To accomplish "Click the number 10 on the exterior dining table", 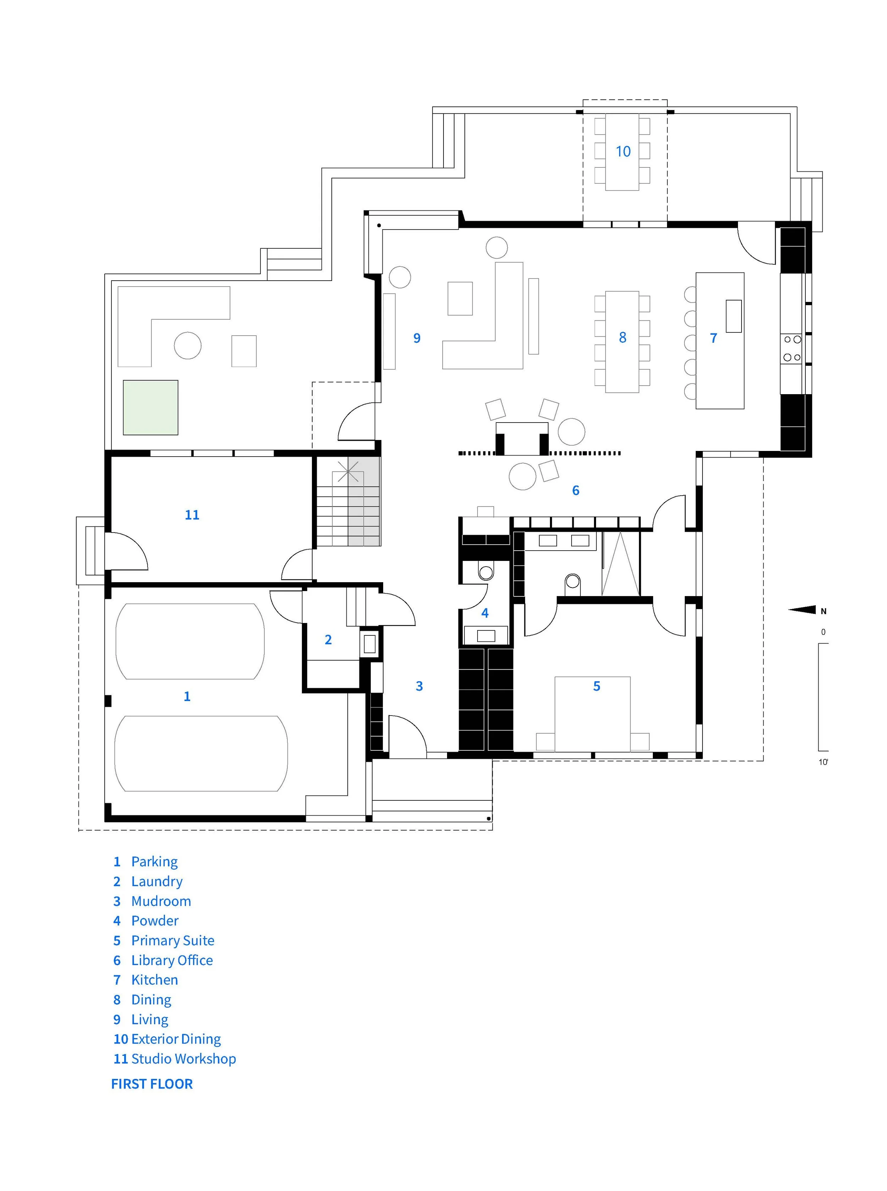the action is (623, 151).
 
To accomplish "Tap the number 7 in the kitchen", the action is (714, 338).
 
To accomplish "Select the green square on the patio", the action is (150, 407).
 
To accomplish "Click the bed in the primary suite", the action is (592, 713).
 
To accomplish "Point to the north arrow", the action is (802, 610).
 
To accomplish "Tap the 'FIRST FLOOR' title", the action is (152, 1084).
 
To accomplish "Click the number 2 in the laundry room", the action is (328, 640).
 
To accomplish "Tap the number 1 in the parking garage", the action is (187, 696).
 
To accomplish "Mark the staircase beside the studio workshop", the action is (348, 502).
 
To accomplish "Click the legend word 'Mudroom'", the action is (161, 901).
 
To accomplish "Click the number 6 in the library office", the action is (575, 490).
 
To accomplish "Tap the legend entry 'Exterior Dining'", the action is (167, 1039).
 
